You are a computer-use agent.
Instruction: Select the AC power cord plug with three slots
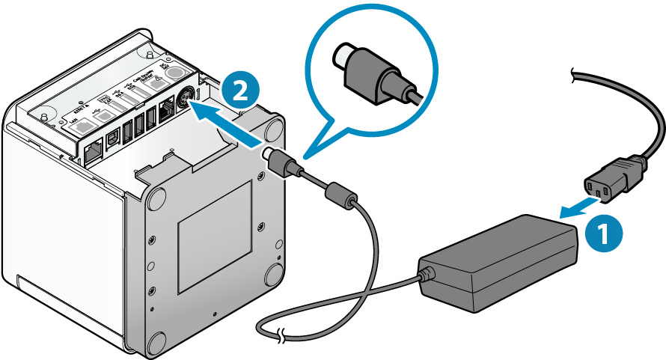click(x=611, y=180)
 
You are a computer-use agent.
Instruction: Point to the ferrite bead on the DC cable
click(x=340, y=192)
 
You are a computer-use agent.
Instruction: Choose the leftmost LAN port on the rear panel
click(x=93, y=151)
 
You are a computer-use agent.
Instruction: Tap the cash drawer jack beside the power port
click(x=166, y=113)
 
